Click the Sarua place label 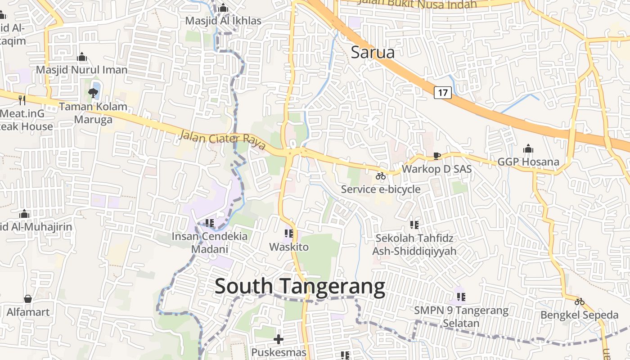tap(373, 52)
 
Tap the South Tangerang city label tap(300, 287)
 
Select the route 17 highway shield tap(443, 93)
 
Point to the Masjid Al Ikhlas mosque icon tap(223, 8)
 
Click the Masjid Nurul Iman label tap(82, 70)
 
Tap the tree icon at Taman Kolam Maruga tap(93, 93)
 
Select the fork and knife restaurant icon tap(22, 100)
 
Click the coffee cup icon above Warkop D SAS tap(436, 156)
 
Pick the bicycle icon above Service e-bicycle tap(381, 176)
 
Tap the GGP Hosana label tap(528, 162)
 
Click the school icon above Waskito tap(289, 234)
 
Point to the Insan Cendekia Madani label tap(210, 243)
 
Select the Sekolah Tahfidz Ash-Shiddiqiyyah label tap(414, 244)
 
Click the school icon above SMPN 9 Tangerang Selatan tap(461, 297)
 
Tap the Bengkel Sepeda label tap(580, 315)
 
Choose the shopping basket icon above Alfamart tap(28, 299)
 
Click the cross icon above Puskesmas tap(279, 339)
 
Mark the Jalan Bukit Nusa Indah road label tap(417, 4)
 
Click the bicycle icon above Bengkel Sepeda tap(580, 301)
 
